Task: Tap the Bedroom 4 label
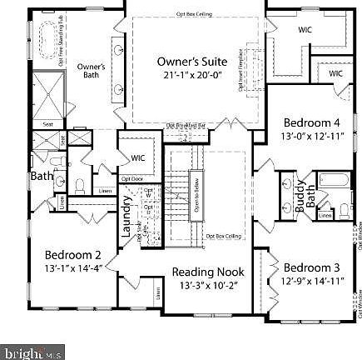[x=311, y=122]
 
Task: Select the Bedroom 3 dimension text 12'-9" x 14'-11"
[x=312, y=281]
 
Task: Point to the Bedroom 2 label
[x=73, y=255]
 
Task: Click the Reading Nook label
[x=208, y=272]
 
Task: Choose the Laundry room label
[x=127, y=219]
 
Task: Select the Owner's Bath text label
[x=91, y=70]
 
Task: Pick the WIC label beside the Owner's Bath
[x=137, y=157]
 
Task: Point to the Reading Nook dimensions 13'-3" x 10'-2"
[x=209, y=285]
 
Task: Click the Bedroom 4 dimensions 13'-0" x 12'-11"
[x=312, y=135]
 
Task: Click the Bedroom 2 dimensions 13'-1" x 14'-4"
[x=72, y=267]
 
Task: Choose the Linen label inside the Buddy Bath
[x=325, y=215]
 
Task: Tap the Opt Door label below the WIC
[x=132, y=177]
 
